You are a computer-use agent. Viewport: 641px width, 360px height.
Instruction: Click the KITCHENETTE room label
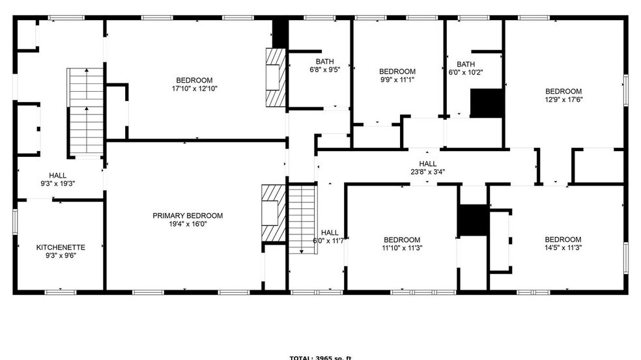tap(61, 247)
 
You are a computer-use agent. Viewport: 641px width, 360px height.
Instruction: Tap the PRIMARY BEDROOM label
tap(188, 216)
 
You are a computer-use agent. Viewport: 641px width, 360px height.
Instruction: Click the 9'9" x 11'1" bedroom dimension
tap(397, 79)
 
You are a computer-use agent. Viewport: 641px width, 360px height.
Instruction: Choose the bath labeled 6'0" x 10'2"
tap(466, 72)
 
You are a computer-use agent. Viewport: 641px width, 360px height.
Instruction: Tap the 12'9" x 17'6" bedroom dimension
tap(563, 100)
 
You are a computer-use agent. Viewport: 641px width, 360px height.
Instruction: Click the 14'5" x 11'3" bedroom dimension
tap(563, 247)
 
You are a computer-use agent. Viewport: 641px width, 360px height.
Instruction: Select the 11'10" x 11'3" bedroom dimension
tap(401, 247)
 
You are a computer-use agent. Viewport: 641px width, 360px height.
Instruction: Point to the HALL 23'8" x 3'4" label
tap(428, 168)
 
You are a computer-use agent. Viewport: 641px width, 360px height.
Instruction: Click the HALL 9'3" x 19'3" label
tap(58, 179)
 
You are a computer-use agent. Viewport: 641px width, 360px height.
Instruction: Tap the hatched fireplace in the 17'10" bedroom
tap(275, 77)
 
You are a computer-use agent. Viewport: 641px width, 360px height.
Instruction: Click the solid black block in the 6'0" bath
tap(487, 104)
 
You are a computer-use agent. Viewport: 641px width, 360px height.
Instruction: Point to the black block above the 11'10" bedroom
tap(472, 220)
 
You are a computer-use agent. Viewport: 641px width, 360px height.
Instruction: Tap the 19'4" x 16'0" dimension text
tap(188, 224)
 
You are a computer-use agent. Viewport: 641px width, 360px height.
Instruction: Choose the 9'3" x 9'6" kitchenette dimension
tap(61, 256)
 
